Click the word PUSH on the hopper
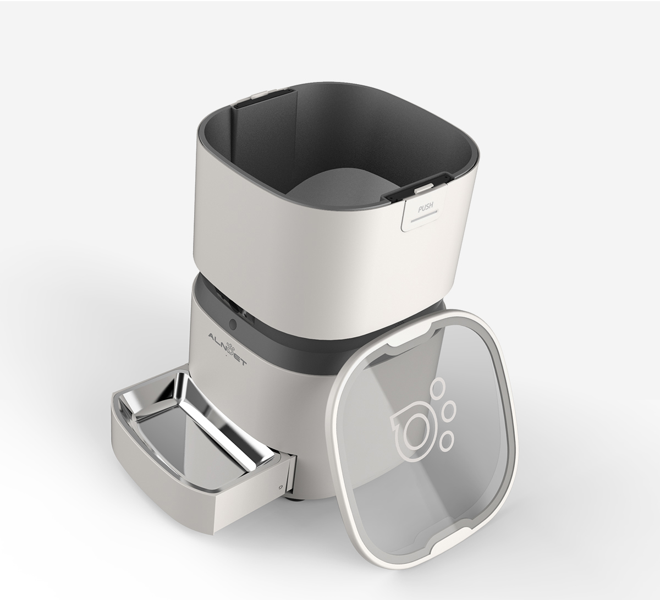click(x=425, y=208)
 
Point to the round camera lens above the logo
click(x=233, y=321)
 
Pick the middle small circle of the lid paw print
click(x=449, y=412)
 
